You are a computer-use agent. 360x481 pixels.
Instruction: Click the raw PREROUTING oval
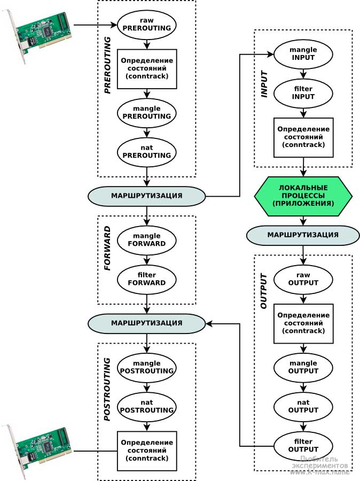[x=147, y=25]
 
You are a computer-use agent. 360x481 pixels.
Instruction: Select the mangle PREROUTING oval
[x=147, y=112]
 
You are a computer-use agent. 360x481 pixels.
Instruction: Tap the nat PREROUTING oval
[x=147, y=151]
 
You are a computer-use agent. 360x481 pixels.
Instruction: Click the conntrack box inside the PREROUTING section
[x=147, y=68]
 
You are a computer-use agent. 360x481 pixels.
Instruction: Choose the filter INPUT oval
[x=303, y=94]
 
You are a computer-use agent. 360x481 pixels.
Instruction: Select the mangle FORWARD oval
[x=147, y=239]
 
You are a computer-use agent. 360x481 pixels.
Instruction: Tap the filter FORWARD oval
[x=147, y=278]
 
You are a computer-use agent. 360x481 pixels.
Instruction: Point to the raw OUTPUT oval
[x=303, y=278]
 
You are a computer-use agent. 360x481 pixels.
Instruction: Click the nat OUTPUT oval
[x=303, y=406]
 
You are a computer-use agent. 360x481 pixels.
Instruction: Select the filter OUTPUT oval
[x=303, y=445]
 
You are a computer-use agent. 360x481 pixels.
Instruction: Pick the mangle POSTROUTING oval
[x=147, y=367]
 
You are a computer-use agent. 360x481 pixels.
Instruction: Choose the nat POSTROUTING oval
[x=147, y=406]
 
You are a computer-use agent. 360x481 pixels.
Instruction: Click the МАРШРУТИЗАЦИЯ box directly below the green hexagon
[x=303, y=235]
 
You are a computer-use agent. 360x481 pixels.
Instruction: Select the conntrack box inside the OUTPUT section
[x=303, y=323]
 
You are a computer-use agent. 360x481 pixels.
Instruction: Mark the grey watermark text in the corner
[x=320, y=466]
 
